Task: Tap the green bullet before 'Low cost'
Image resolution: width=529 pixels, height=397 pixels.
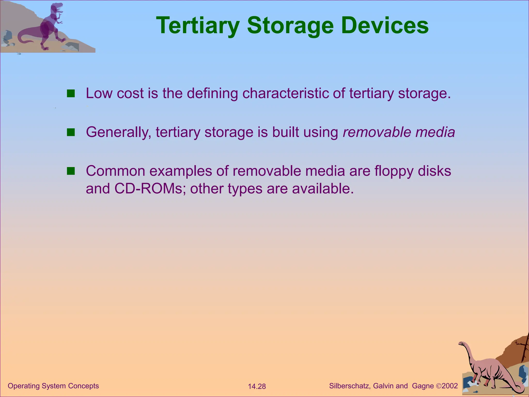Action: pyautogui.click(x=71, y=94)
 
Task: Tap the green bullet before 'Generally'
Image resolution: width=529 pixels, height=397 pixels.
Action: pyautogui.click(x=71, y=132)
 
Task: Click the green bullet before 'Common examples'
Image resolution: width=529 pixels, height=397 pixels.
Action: pyautogui.click(x=71, y=171)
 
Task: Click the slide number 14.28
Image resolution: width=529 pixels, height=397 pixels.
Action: pyautogui.click(x=257, y=386)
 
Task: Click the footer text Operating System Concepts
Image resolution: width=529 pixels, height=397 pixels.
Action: pyautogui.click(x=53, y=386)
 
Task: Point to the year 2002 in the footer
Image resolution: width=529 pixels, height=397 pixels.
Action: pyautogui.click(x=450, y=386)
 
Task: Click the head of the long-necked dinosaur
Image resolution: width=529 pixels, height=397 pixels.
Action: pyautogui.click(x=461, y=344)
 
